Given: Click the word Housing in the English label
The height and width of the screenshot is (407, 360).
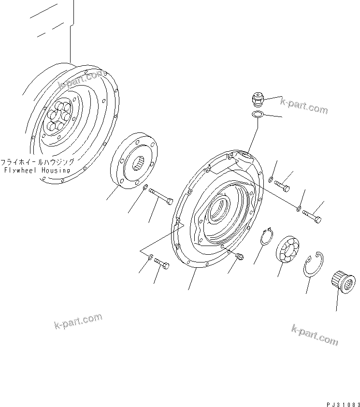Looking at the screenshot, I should pos(54,170).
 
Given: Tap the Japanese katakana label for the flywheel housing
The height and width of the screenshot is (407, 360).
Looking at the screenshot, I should pos(37,162).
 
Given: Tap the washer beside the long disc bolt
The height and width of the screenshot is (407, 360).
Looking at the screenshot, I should pos(145,187).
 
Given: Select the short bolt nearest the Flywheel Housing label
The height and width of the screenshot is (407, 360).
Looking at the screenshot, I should pos(161,264).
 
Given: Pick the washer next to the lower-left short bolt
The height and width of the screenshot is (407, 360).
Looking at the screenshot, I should pos(150,257).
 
